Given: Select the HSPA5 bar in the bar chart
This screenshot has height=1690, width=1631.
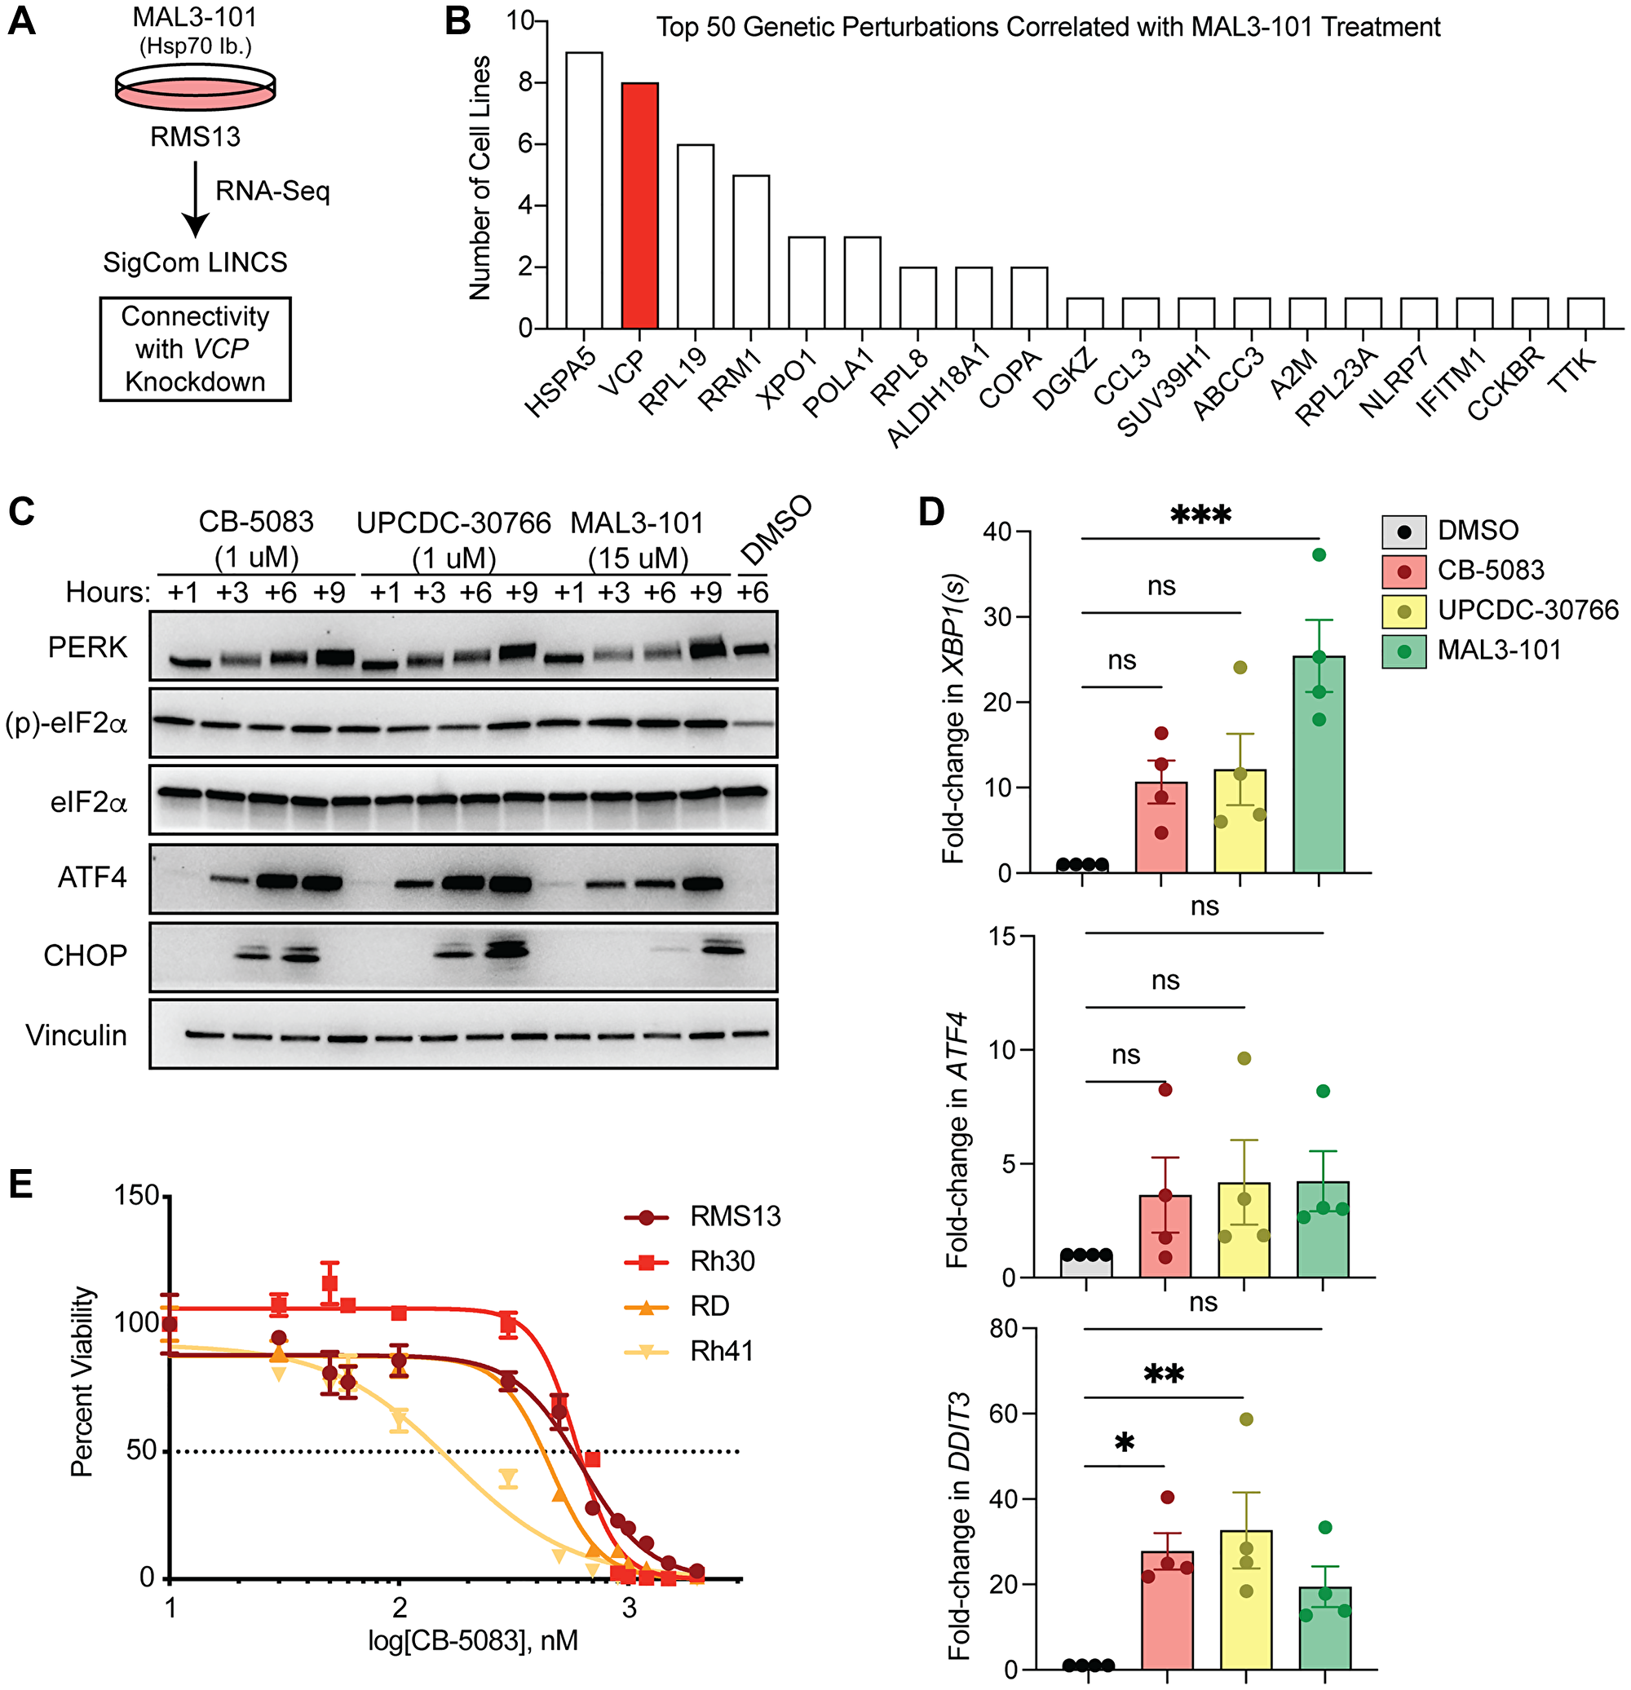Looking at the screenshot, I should [584, 190].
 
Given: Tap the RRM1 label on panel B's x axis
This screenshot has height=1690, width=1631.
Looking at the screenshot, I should [729, 380].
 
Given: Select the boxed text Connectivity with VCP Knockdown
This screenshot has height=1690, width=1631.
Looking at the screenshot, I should [195, 349].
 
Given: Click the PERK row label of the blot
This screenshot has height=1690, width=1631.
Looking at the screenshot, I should [87, 646].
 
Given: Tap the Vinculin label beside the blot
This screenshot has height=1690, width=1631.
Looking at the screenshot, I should [76, 1035].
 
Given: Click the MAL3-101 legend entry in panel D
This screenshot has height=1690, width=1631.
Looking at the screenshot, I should [1498, 650].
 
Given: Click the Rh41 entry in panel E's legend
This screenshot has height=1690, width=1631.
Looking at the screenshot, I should [721, 1351].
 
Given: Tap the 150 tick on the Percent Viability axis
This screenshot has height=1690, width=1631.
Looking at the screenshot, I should [137, 1195].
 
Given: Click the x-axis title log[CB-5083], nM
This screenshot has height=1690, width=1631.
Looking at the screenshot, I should [473, 1639].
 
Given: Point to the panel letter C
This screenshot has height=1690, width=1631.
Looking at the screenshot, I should [21, 511].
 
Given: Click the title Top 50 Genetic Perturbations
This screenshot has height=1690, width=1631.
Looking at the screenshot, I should [1047, 27].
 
